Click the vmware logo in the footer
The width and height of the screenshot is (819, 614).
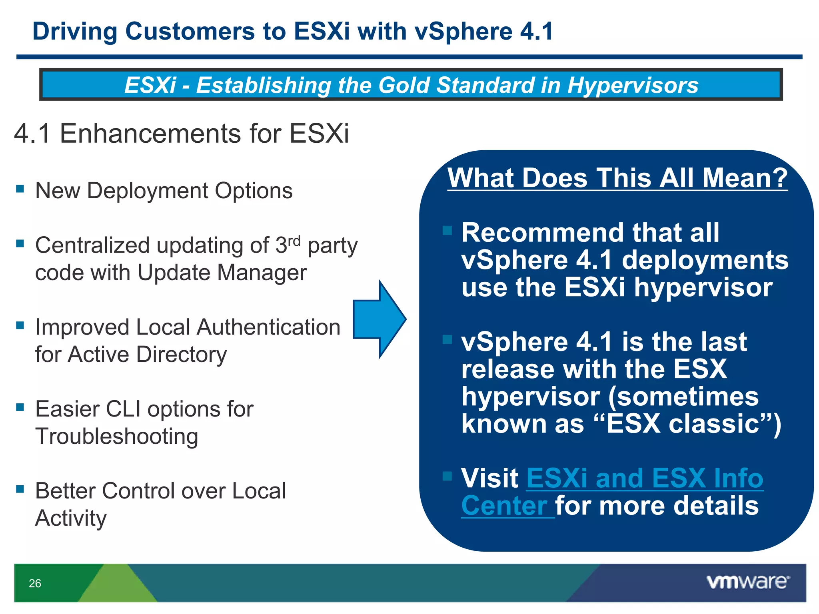(x=747, y=582)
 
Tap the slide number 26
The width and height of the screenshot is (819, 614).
(x=35, y=583)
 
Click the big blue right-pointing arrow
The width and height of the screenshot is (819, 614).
(x=379, y=319)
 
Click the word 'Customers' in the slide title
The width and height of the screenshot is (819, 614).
(x=190, y=31)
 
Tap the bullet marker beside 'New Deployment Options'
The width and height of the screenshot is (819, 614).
(x=20, y=188)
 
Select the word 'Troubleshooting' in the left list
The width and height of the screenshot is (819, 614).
(x=117, y=437)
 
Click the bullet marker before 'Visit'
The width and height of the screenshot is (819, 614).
(x=447, y=476)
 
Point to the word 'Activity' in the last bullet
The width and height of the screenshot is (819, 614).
(x=71, y=518)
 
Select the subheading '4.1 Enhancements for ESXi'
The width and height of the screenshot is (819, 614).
(x=182, y=134)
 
